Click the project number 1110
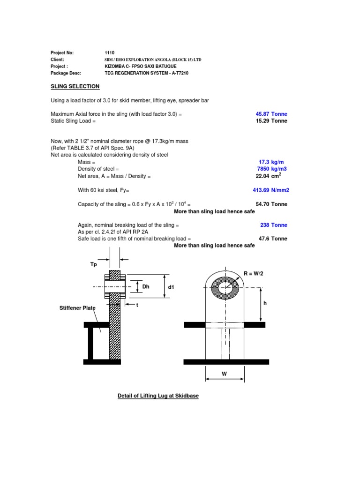point(110,53)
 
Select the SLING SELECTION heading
point(75,86)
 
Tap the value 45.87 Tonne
point(271,114)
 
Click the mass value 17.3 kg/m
point(274,162)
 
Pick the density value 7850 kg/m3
point(271,169)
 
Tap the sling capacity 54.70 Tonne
point(271,204)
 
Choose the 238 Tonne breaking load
point(274,225)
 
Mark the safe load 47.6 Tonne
point(273,239)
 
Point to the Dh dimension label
point(146,287)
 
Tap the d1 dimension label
point(171,287)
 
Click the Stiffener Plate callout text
point(77,308)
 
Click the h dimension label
point(265,303)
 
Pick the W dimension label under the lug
point(224,374)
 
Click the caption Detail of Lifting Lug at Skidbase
point(158,396)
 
